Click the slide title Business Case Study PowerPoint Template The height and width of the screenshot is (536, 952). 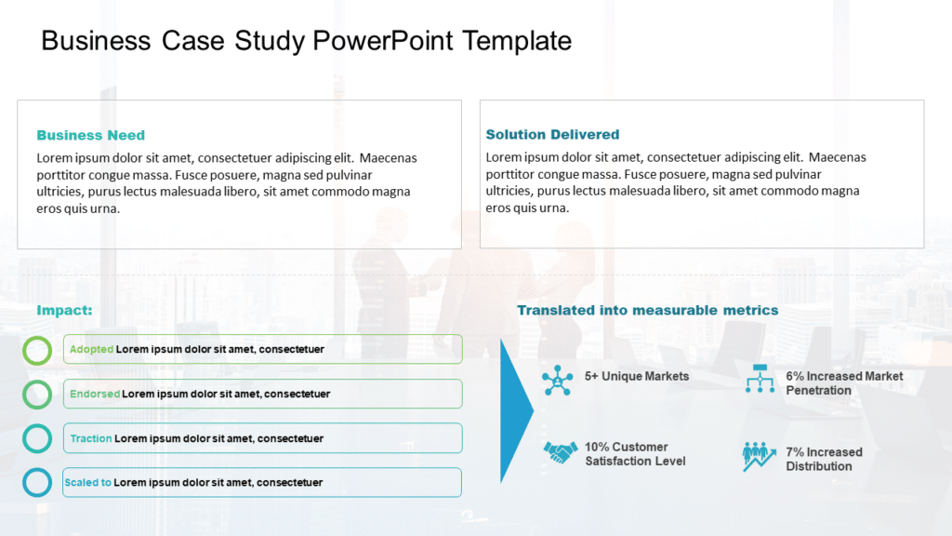pos(306,41)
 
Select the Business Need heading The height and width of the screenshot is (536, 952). pos(90,135)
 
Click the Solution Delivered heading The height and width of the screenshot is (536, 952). pos(552,135)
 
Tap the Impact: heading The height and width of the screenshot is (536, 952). pos(64,310)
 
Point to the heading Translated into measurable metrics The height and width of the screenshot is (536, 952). pos(647,310)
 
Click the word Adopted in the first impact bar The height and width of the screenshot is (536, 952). pos(91,350)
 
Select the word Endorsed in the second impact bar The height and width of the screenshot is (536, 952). pos(95,394)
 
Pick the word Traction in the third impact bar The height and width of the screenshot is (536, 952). pos(91,438)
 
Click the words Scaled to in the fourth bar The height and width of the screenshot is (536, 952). pos(87,482)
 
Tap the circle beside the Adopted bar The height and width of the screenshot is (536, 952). pos(37,350)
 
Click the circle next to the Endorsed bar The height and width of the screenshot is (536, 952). pos(37,394)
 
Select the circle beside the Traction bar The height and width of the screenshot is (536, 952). pos(37,438)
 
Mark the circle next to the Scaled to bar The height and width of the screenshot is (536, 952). pos(37,482)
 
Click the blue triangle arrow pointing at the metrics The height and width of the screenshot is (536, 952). pos(515,410)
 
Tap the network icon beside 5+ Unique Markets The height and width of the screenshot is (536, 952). pos(558,380)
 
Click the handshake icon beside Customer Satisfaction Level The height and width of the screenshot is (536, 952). pos(560,453)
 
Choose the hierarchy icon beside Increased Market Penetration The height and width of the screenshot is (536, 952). pos(760,379)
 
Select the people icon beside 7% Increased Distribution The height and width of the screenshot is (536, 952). pos(759,456)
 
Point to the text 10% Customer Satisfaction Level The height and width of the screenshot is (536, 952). pos(635,454)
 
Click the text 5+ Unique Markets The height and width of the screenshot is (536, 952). pos(637,376)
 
